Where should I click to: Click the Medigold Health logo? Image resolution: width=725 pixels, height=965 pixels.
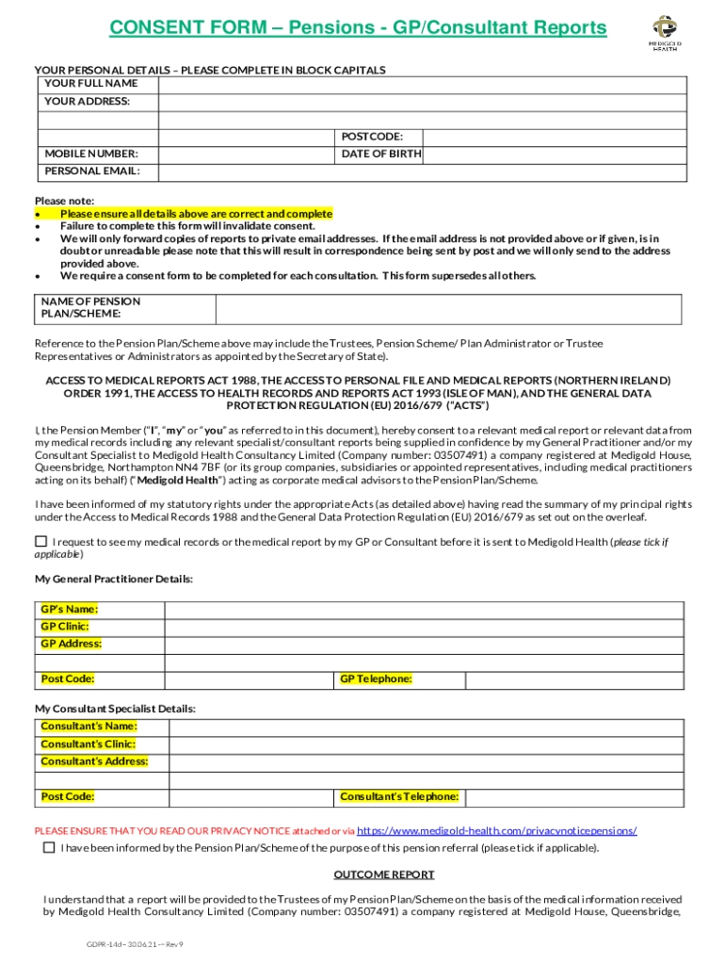(665, 33)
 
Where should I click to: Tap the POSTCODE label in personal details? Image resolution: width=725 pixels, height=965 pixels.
(372, 137)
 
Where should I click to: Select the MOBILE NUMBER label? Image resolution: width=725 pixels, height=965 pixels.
(91, 154)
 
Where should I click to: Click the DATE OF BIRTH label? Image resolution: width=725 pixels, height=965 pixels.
(380, 154)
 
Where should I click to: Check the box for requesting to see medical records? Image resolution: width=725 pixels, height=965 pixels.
(40, 541)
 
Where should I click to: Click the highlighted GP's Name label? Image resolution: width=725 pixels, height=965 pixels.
(69, 609)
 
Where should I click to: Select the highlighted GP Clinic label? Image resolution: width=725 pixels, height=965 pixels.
(65, 626)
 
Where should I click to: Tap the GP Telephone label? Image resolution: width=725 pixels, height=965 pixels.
(376, 679)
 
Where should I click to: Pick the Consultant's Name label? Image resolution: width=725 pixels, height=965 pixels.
(89, 726)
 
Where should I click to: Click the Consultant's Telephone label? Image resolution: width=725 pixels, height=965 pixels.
(399, 796)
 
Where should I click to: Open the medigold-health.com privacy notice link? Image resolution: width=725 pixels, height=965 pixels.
(497, 830)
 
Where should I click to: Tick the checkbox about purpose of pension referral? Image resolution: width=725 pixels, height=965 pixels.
(49, 847)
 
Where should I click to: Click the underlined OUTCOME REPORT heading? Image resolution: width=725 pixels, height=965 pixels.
(384, 874)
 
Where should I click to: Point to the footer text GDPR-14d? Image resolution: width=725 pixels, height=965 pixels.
(98, 943)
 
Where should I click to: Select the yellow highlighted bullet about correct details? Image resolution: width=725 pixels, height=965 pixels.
(196, 214)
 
